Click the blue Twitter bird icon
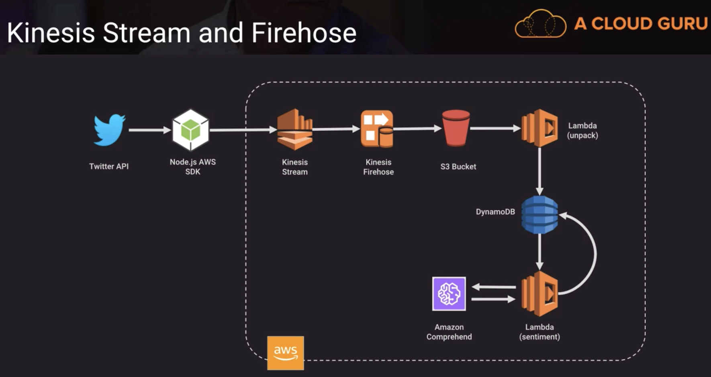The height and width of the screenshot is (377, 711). (x=109, y=129)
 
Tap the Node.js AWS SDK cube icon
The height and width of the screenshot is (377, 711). (x=191, y=130)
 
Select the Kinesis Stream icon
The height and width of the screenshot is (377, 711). (x=294, y=129)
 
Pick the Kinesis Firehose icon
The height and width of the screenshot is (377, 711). (x=377, y=129)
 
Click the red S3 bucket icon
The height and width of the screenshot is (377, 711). (x=456, y=128)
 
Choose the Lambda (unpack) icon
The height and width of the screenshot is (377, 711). (x=539, y=128)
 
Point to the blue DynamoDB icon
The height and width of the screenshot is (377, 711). (x=539, y=215)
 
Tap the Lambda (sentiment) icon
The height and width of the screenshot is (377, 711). (x=539, y=294)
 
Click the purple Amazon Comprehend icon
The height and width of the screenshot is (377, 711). (x=449, y=294)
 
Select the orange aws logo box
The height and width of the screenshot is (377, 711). (x=286, y=353)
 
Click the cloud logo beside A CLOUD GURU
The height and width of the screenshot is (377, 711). (x=540, y=24)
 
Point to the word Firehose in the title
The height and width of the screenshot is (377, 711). (x=304, y=33)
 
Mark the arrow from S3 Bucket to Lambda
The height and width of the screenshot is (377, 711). (x=495, y=129)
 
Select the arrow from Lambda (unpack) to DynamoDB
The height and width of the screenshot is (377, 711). (x=539, y=171)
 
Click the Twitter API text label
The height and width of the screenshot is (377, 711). (x=109, y=166)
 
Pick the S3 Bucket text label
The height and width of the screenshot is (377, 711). (x=458, y=166)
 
